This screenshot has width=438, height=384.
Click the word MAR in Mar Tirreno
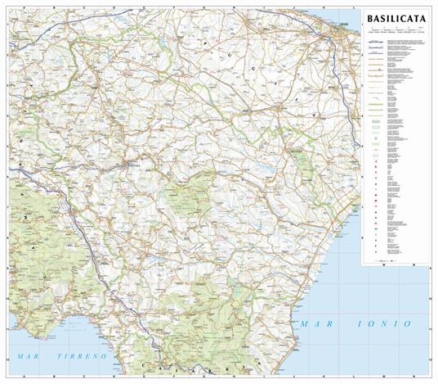pos(29,358)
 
